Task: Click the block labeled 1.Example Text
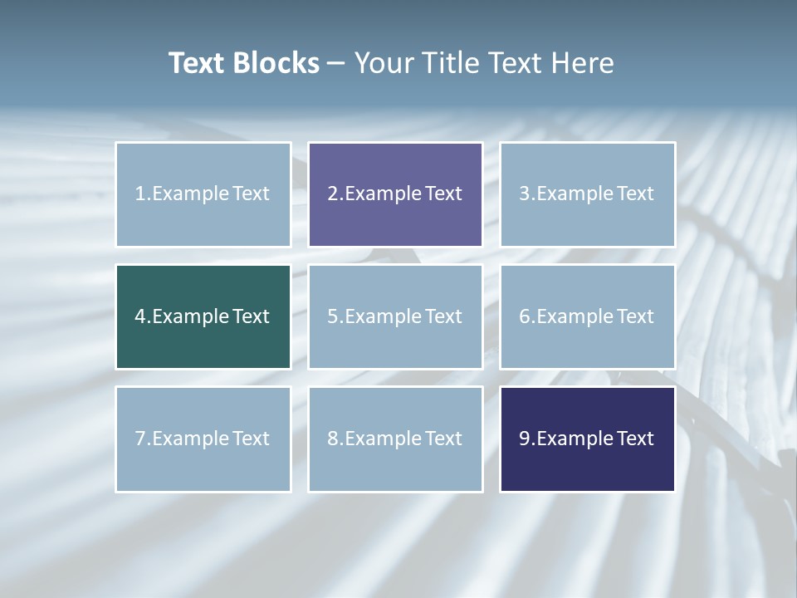(203, 194)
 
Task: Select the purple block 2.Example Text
(395, 194)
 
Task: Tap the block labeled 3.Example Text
(587, 194)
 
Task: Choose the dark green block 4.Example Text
(203, 316)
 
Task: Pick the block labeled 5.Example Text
(395, 316)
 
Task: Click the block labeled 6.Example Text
(587, 316)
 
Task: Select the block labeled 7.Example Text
(203, 439)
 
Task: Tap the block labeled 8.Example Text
(395, 439)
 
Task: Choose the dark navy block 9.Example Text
(587, 439)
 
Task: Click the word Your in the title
(384, 63)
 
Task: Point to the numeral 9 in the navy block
(525, 439)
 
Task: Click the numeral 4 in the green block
(140, 316)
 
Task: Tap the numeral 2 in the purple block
(333, 194)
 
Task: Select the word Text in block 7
(251, 439)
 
